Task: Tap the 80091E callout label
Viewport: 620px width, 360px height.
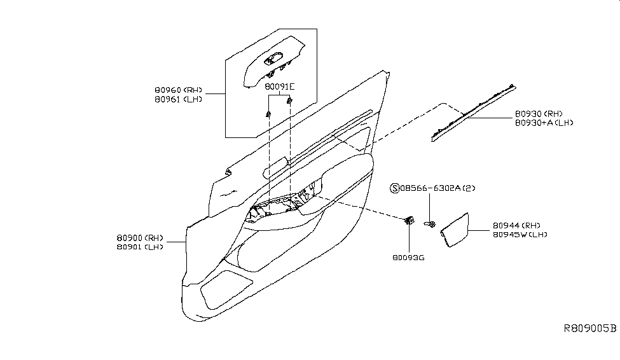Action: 280,86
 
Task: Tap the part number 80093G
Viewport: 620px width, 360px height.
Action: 408,259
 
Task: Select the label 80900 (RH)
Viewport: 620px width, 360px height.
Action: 139,238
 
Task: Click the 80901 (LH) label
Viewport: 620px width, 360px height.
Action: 139,247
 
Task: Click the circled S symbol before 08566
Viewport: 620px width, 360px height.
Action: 394,188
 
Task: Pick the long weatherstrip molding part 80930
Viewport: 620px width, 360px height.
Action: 474,109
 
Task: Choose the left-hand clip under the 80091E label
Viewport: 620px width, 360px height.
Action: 269,114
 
